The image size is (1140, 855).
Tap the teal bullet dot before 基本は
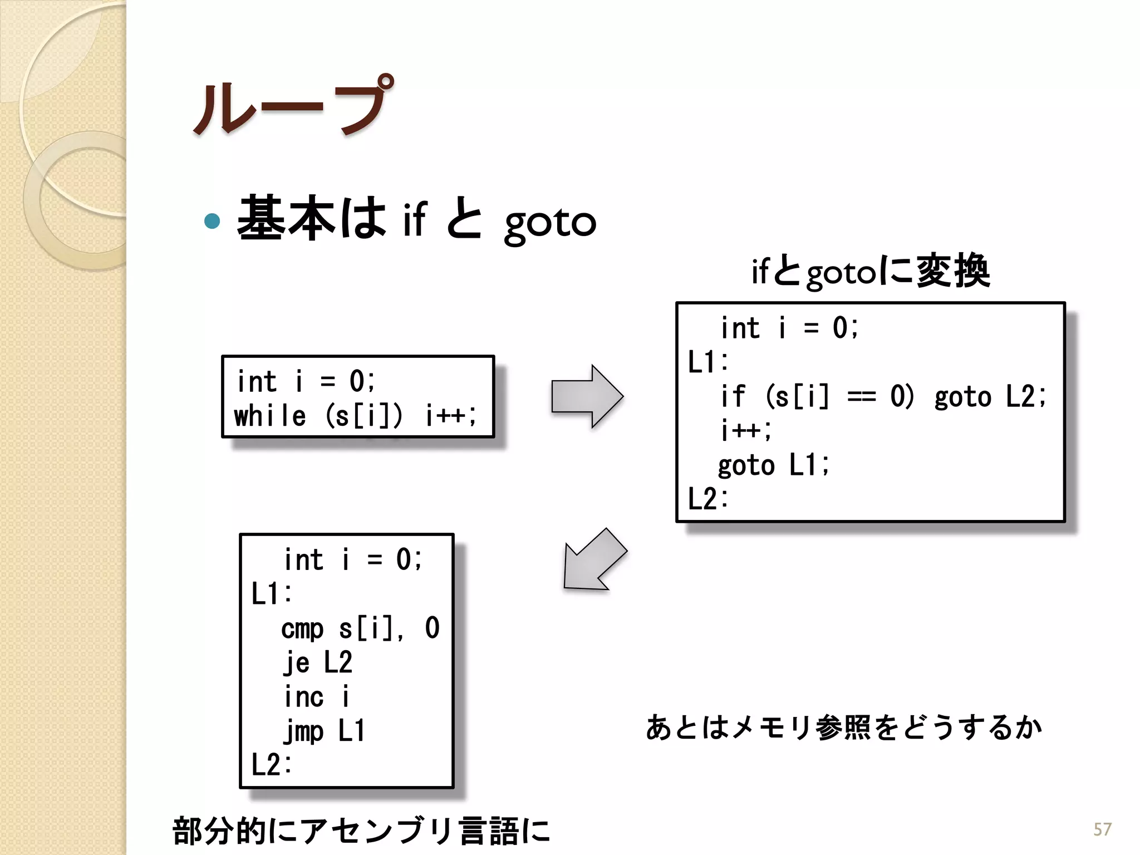(212, 221)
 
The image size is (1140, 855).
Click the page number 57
(1102, 829)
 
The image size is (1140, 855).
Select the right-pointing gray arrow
(587, 396)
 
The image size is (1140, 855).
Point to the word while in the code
(270, 416)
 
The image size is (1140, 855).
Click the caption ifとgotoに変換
(871, 272)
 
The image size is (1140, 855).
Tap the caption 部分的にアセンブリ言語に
(361, 831)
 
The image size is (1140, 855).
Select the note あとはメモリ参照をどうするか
(844, 727)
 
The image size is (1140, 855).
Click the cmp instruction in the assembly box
(302, 628)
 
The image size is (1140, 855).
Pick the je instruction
(296, 662)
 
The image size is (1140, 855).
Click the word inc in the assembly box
(303, 697)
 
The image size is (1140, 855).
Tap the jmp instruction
(303, 731)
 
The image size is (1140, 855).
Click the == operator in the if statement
(861, 397)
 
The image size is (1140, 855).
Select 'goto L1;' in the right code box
(773, 465)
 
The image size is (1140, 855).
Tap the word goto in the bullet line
(550, 223)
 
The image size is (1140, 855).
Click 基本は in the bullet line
(312, 219)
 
